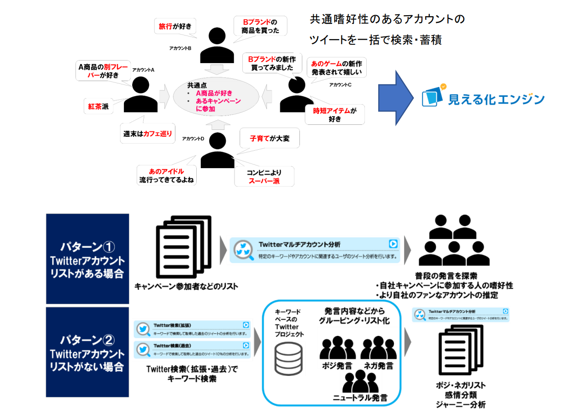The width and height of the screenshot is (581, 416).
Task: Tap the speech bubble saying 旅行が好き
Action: point(175,27)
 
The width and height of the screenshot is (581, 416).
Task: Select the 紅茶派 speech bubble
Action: point(98,106)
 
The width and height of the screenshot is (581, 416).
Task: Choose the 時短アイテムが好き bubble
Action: point(334,114)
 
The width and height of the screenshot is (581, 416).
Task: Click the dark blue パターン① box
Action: point(87,258)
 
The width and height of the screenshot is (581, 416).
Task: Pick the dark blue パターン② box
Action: point(87,352)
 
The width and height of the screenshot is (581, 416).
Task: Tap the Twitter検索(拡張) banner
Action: point(193,328)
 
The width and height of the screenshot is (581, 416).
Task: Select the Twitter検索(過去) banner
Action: point(193,349)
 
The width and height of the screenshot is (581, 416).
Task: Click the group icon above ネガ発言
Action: point(378,349)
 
